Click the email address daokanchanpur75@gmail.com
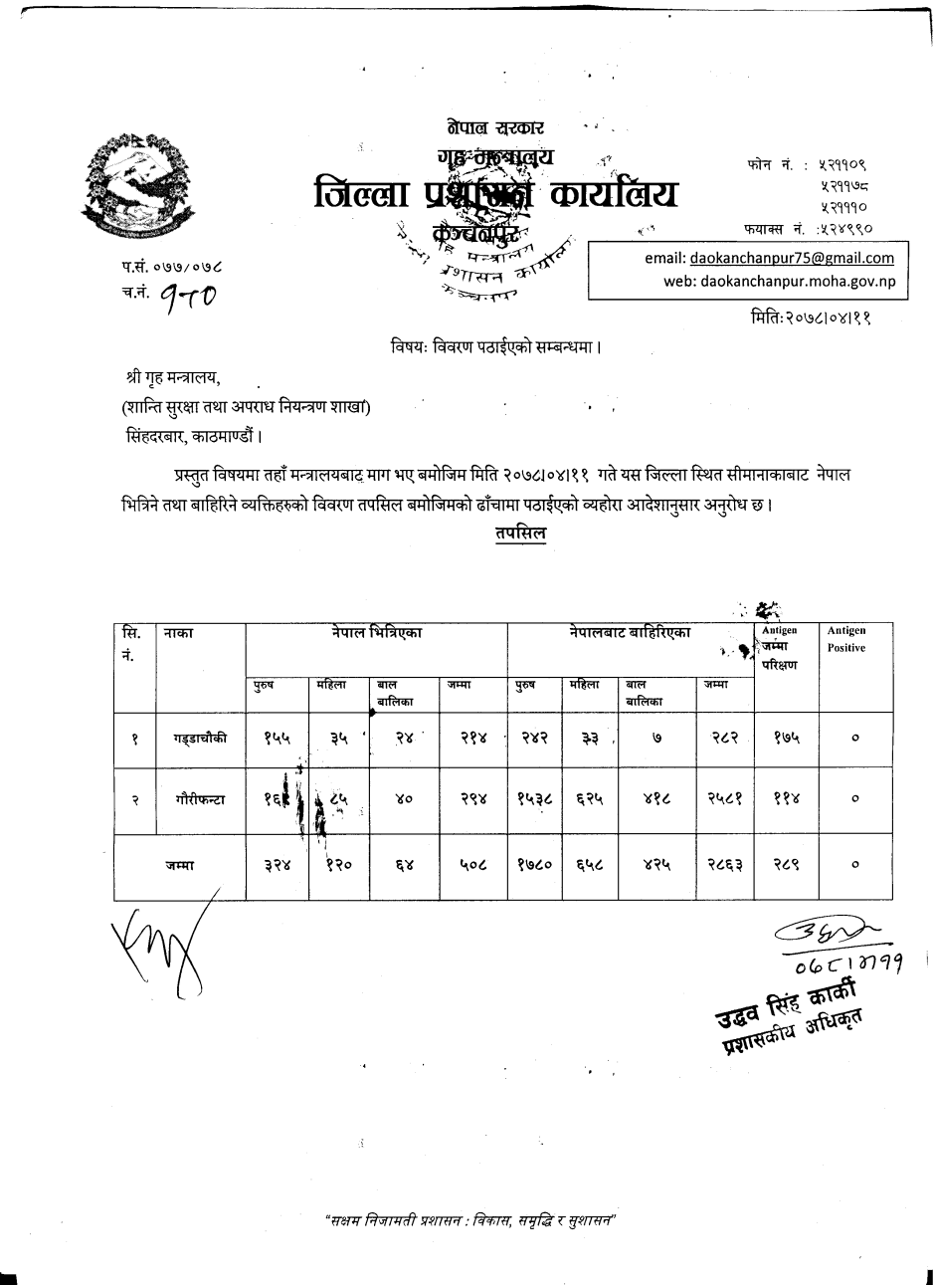pos(791,258)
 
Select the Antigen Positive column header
pos(846,639)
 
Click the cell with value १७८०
pos(536,866)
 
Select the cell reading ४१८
pos(657,798)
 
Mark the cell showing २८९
pos(786,866)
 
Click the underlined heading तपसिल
pos(519,534)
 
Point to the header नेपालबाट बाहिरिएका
pos(631,633)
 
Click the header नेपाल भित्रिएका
pos(377,633)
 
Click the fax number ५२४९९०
pos(844,229)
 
